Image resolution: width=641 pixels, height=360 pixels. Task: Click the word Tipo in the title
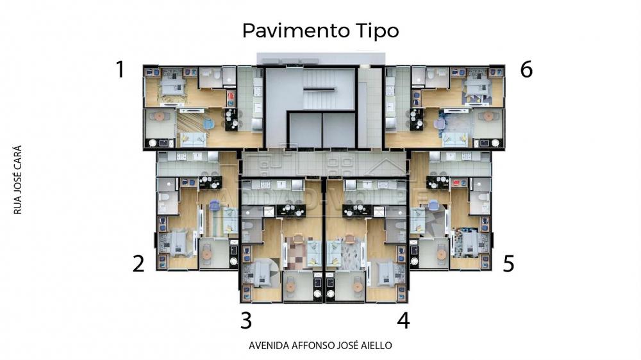pyautogui.click(x=374, y=31)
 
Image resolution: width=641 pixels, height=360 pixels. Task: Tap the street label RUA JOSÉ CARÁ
pyautogui.click(x=17, y=180)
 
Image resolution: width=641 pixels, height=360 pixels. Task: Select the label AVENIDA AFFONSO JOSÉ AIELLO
pyautogui.click(x=320, y=345)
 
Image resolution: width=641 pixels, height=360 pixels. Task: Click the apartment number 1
pyautogui.click(x=120, y=69)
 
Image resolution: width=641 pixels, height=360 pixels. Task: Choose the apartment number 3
pyautogui.click(x=246, y=320)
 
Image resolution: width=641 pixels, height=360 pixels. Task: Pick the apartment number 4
pyautogui.click(x=403, y=320)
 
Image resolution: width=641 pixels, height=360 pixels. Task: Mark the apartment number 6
pyautogui.click(x=526, y=69)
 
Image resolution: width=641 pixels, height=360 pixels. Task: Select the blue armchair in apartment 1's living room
pyautogui.click(x=208, y=124)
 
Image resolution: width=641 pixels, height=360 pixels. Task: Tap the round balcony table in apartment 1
pyautogui.click(x=158, y=117)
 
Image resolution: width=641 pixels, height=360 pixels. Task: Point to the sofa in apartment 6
pyautogui.click(x=454, y=140)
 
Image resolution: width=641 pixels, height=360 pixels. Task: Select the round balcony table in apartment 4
pyautogui.click(x=358, y=287)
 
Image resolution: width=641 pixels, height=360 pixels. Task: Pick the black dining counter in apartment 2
pyautogui.click(x=210, y=183)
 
